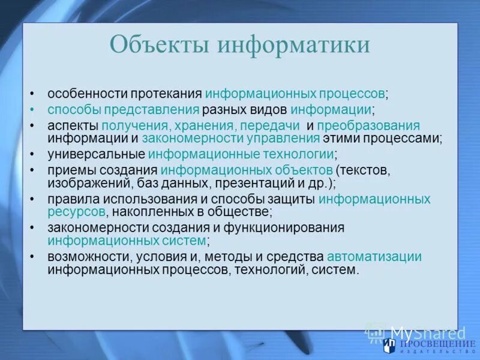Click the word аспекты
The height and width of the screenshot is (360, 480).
point(73,125)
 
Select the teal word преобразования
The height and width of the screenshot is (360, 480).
point(368,125)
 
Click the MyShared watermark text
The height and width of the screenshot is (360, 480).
point(427,334)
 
